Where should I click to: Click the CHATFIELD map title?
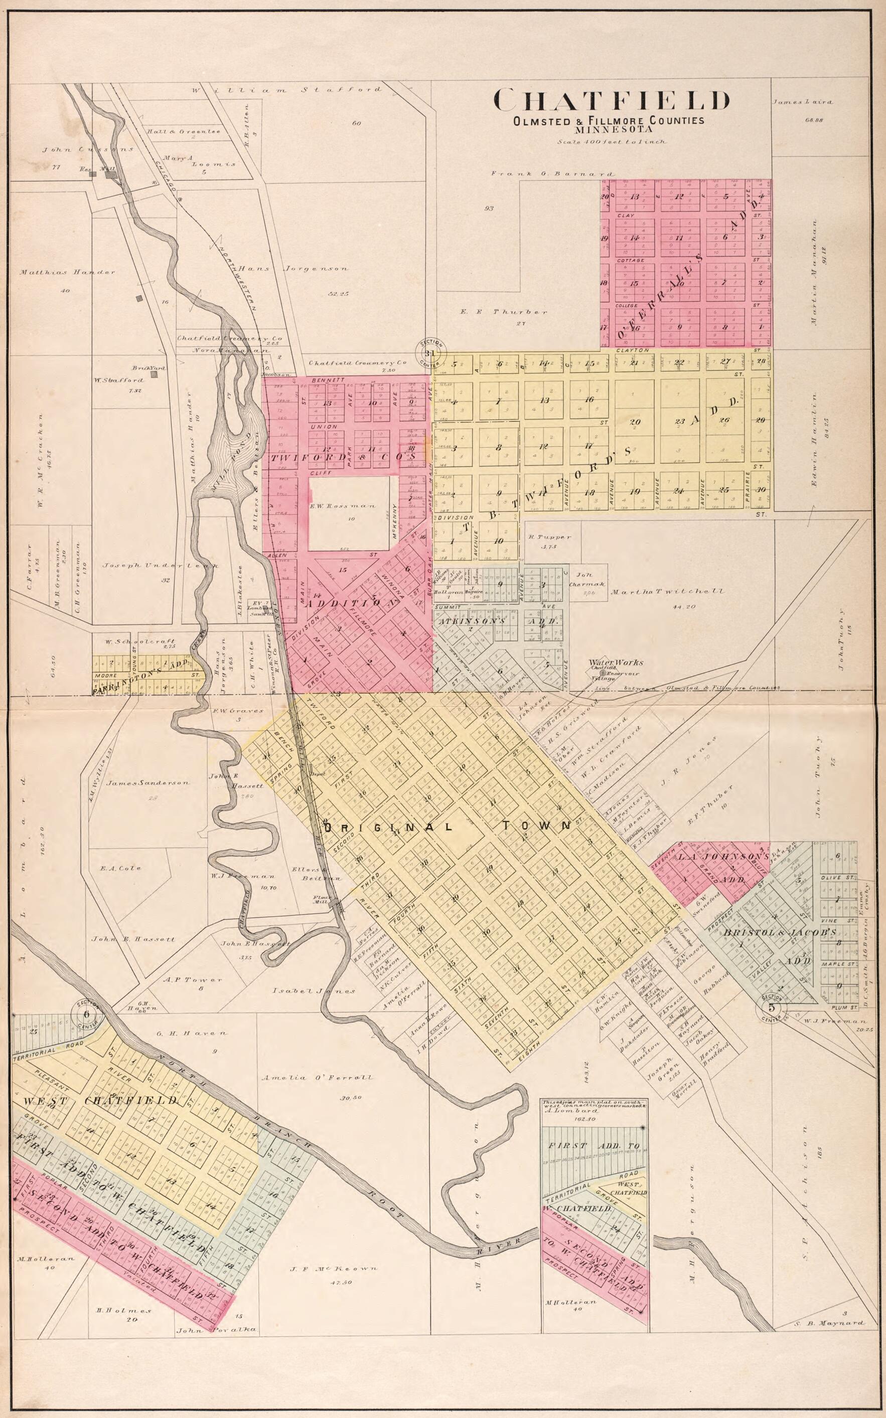pos(613,101)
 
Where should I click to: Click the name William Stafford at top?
pos(286,90)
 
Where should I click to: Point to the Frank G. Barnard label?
pos(553,174)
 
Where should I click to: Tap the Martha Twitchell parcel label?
pos(667,591)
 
